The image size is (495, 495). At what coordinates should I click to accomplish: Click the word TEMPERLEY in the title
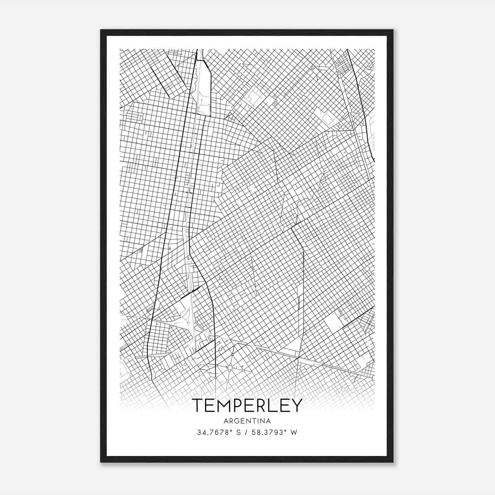pyautogui.click(x=247, y=406)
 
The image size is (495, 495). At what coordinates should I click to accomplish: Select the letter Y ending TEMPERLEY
pyautogui.click(x=296, y=406)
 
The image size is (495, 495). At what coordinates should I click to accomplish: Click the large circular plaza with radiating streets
pyautogui.click(x=230, y=367)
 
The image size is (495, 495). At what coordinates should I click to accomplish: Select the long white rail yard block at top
pyautogui.click(x=203, y=88)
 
